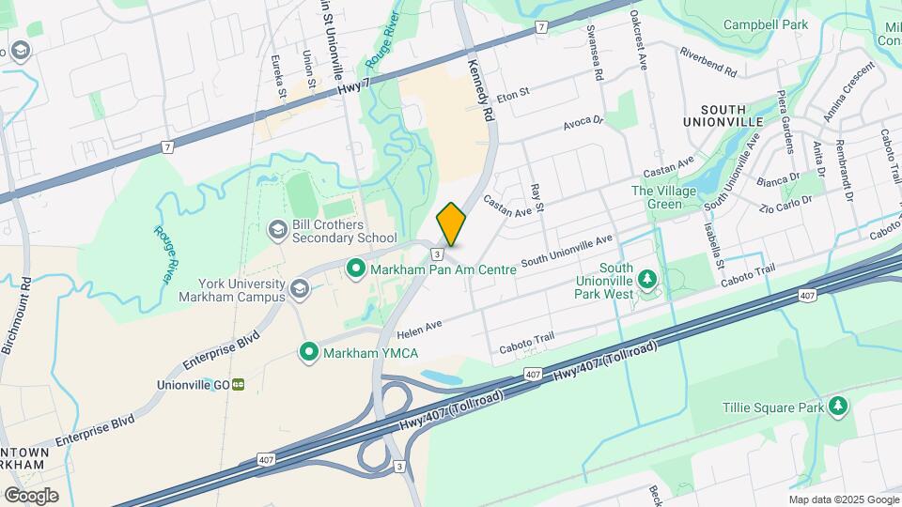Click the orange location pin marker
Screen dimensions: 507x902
point(452,224)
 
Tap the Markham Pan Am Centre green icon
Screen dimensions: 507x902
point(356,269)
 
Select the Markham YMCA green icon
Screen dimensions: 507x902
point(308,352)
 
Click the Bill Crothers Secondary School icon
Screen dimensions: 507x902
point(277,229)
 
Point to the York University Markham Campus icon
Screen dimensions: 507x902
point(300,288)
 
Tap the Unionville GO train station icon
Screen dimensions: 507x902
point(239,384)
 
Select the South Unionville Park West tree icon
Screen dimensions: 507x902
point(646,280)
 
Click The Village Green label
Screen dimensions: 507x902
point(669,197)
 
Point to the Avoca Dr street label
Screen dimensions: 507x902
point(583,123)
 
